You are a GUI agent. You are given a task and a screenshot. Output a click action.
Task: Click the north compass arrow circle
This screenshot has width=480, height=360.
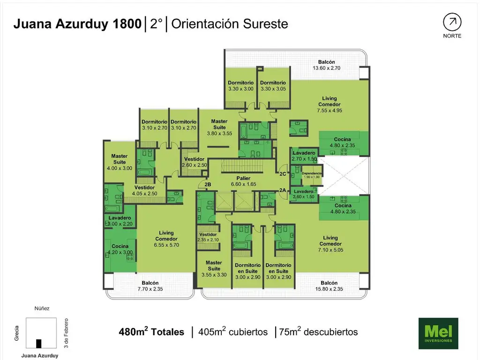452,22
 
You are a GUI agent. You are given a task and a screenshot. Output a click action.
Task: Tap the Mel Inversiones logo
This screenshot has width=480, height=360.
438,333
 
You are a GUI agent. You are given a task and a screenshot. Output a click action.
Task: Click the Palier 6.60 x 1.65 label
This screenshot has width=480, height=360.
243,181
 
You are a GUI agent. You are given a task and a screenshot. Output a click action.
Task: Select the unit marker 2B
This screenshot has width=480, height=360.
208,185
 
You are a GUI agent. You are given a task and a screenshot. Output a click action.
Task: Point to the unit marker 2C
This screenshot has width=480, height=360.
283,174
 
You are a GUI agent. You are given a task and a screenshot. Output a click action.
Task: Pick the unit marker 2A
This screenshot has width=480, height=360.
283,190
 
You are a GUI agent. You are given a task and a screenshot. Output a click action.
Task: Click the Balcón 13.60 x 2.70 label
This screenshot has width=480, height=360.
326,65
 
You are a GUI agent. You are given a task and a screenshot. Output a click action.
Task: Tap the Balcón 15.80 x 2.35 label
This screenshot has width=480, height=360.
329,286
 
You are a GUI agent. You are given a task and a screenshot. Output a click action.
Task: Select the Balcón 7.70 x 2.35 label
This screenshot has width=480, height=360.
150,286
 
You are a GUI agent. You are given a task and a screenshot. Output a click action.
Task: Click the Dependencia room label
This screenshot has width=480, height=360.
312,175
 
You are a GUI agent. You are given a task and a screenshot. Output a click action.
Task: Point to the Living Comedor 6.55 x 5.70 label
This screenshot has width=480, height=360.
166,239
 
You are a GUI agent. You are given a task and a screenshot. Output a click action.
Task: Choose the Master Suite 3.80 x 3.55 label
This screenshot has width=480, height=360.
219,127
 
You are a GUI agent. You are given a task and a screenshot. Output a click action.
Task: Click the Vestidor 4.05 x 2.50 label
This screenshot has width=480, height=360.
144,190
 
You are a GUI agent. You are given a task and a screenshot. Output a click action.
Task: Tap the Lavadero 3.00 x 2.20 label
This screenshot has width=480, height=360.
120,221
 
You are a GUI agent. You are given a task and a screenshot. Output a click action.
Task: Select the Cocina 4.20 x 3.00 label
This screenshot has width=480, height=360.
120,249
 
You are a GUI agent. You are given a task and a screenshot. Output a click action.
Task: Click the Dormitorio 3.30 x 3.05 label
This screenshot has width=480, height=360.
273,86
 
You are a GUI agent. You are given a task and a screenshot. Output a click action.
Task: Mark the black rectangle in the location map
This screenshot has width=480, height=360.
38,344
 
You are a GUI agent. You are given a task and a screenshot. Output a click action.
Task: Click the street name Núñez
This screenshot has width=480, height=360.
42,308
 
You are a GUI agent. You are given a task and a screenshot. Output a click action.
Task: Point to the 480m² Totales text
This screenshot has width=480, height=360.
151,332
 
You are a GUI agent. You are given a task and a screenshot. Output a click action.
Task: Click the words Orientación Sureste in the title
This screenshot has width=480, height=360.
230,24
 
